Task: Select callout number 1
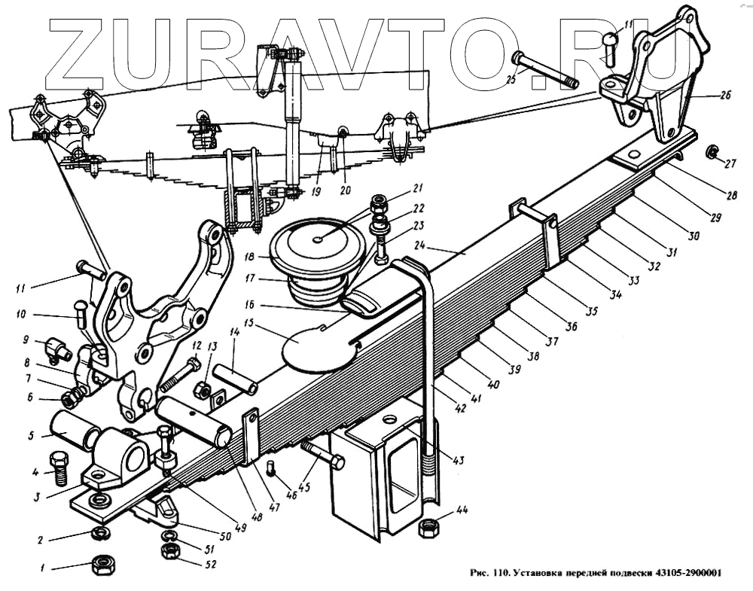(44, 566)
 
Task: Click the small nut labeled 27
(710, 154)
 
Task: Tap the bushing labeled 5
(74, 430)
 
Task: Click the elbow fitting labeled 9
(56, 347)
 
